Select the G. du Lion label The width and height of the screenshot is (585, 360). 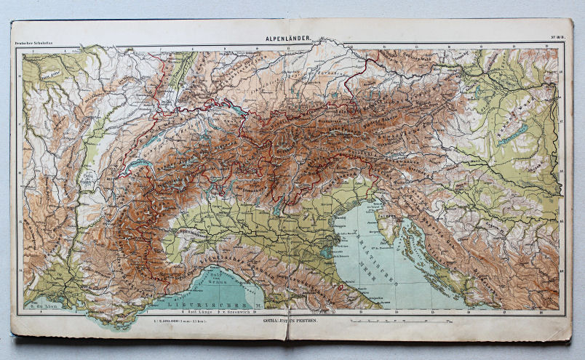click(41, 308)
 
